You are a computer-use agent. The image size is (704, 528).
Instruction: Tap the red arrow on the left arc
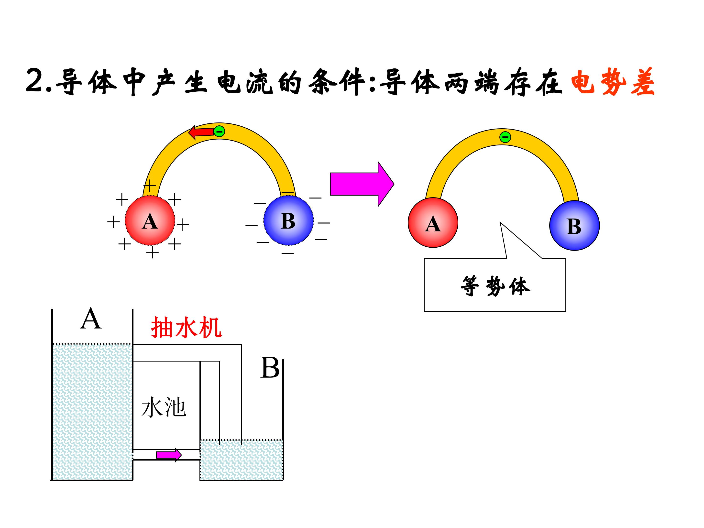201,132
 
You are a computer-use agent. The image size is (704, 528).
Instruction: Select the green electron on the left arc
219,131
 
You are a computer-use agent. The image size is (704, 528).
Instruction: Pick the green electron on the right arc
505,137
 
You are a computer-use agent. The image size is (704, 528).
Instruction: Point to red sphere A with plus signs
150,220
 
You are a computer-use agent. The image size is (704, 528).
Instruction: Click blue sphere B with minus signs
288,220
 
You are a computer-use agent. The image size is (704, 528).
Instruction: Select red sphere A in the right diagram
433,222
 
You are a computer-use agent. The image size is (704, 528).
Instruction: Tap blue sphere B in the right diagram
574,225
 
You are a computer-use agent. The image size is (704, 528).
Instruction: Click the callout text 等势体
495,286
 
